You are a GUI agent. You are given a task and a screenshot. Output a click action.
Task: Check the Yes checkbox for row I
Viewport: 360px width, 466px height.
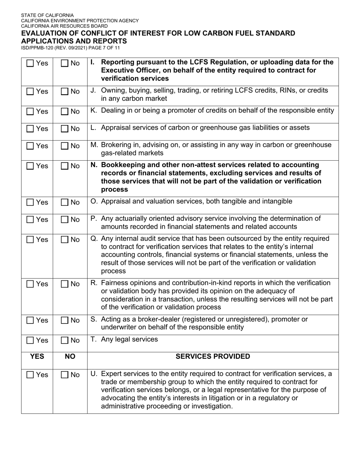click(x=30, y=63)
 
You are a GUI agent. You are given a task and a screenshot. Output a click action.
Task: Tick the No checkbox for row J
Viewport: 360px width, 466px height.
click(x=65, y=91)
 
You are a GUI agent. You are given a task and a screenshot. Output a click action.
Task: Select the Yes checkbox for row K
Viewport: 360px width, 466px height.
click(x=30, y=111)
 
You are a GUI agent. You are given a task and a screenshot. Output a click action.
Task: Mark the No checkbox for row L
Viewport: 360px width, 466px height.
click(x=65, y=129)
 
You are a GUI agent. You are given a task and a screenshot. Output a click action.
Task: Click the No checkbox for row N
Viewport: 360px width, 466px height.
click(x=65, y=166)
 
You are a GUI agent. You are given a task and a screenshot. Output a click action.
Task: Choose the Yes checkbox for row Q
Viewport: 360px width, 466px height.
click(x=30, y=239)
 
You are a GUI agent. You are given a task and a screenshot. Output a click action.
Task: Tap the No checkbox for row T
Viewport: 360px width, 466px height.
click(x=65, y=340)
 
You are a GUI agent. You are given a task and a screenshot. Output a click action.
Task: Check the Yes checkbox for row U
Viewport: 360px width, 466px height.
click(x=30, y=375)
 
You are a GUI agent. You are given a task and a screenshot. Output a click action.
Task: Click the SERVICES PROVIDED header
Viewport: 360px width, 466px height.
click(x=213, y=357)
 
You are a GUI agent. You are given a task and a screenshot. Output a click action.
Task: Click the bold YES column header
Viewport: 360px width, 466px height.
click(x=37, y=357)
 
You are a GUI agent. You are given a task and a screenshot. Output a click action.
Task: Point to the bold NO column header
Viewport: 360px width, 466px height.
click(x=70, y=357)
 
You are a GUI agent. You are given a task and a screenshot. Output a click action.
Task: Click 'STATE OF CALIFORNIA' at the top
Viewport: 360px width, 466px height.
click(x=47, y=16)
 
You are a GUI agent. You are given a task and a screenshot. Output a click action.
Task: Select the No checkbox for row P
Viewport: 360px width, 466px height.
click(x=65, y=219)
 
